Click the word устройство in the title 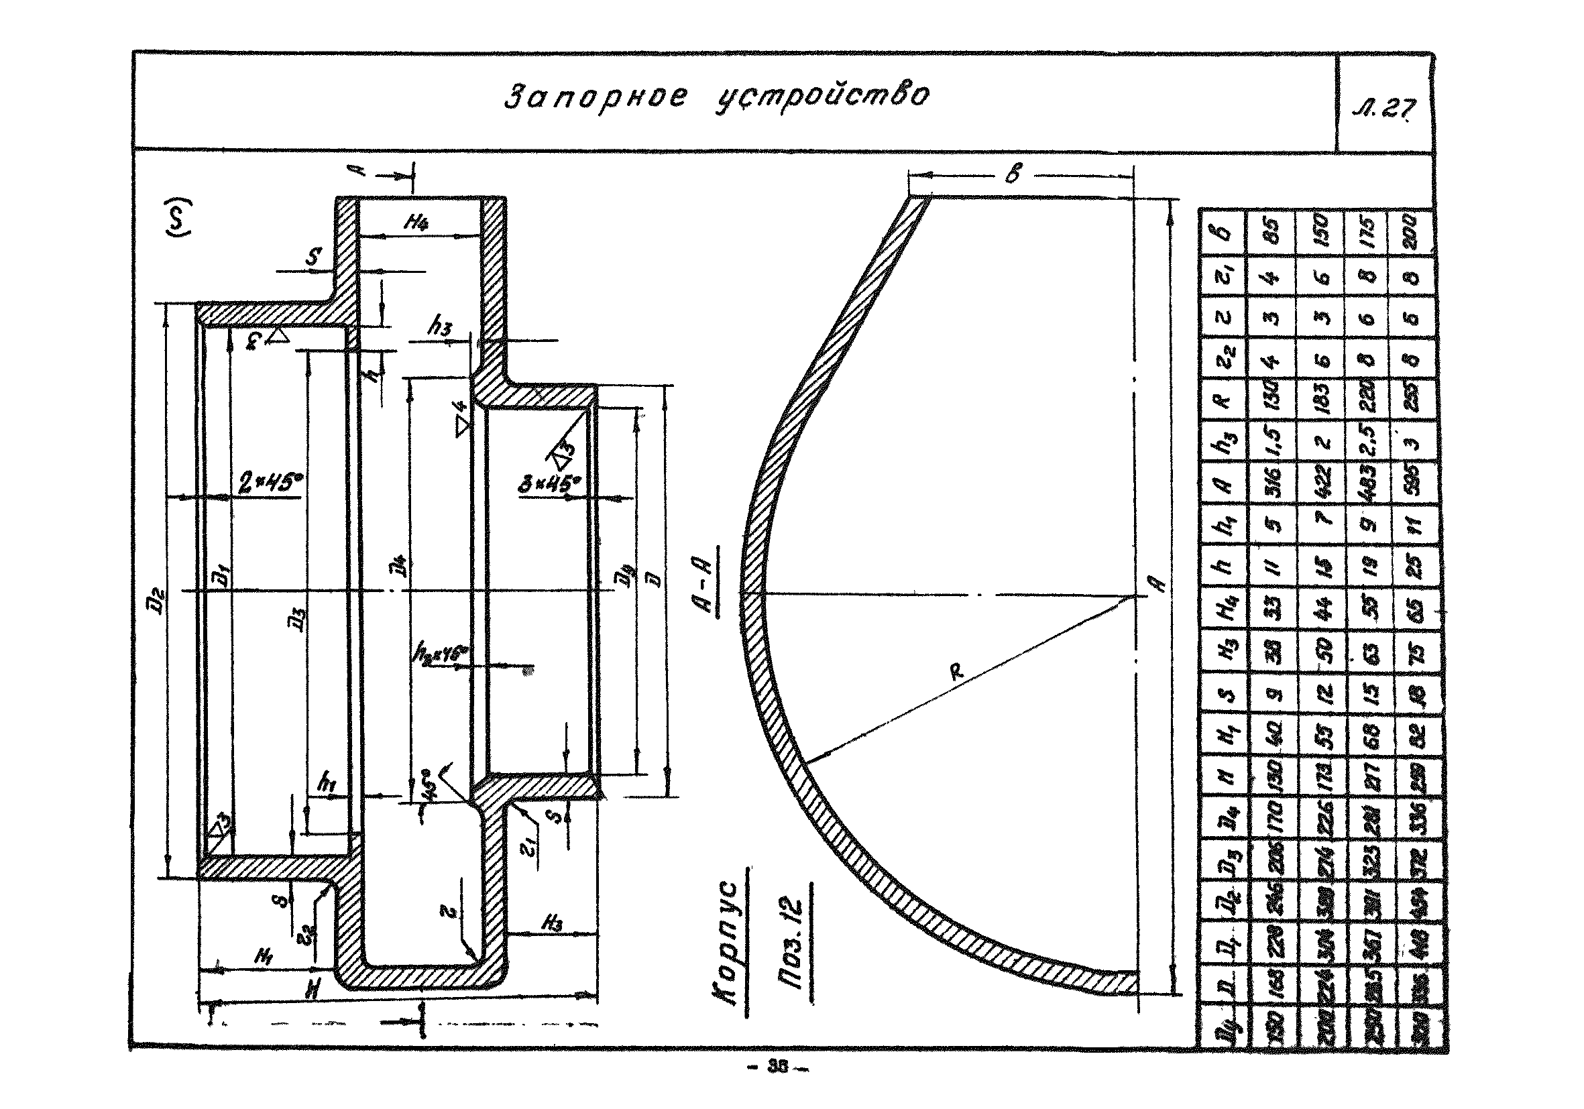coord(821,96)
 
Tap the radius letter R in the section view coord(957,670)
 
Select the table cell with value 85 coord(1274,231)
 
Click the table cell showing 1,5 coord(1274,441)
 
